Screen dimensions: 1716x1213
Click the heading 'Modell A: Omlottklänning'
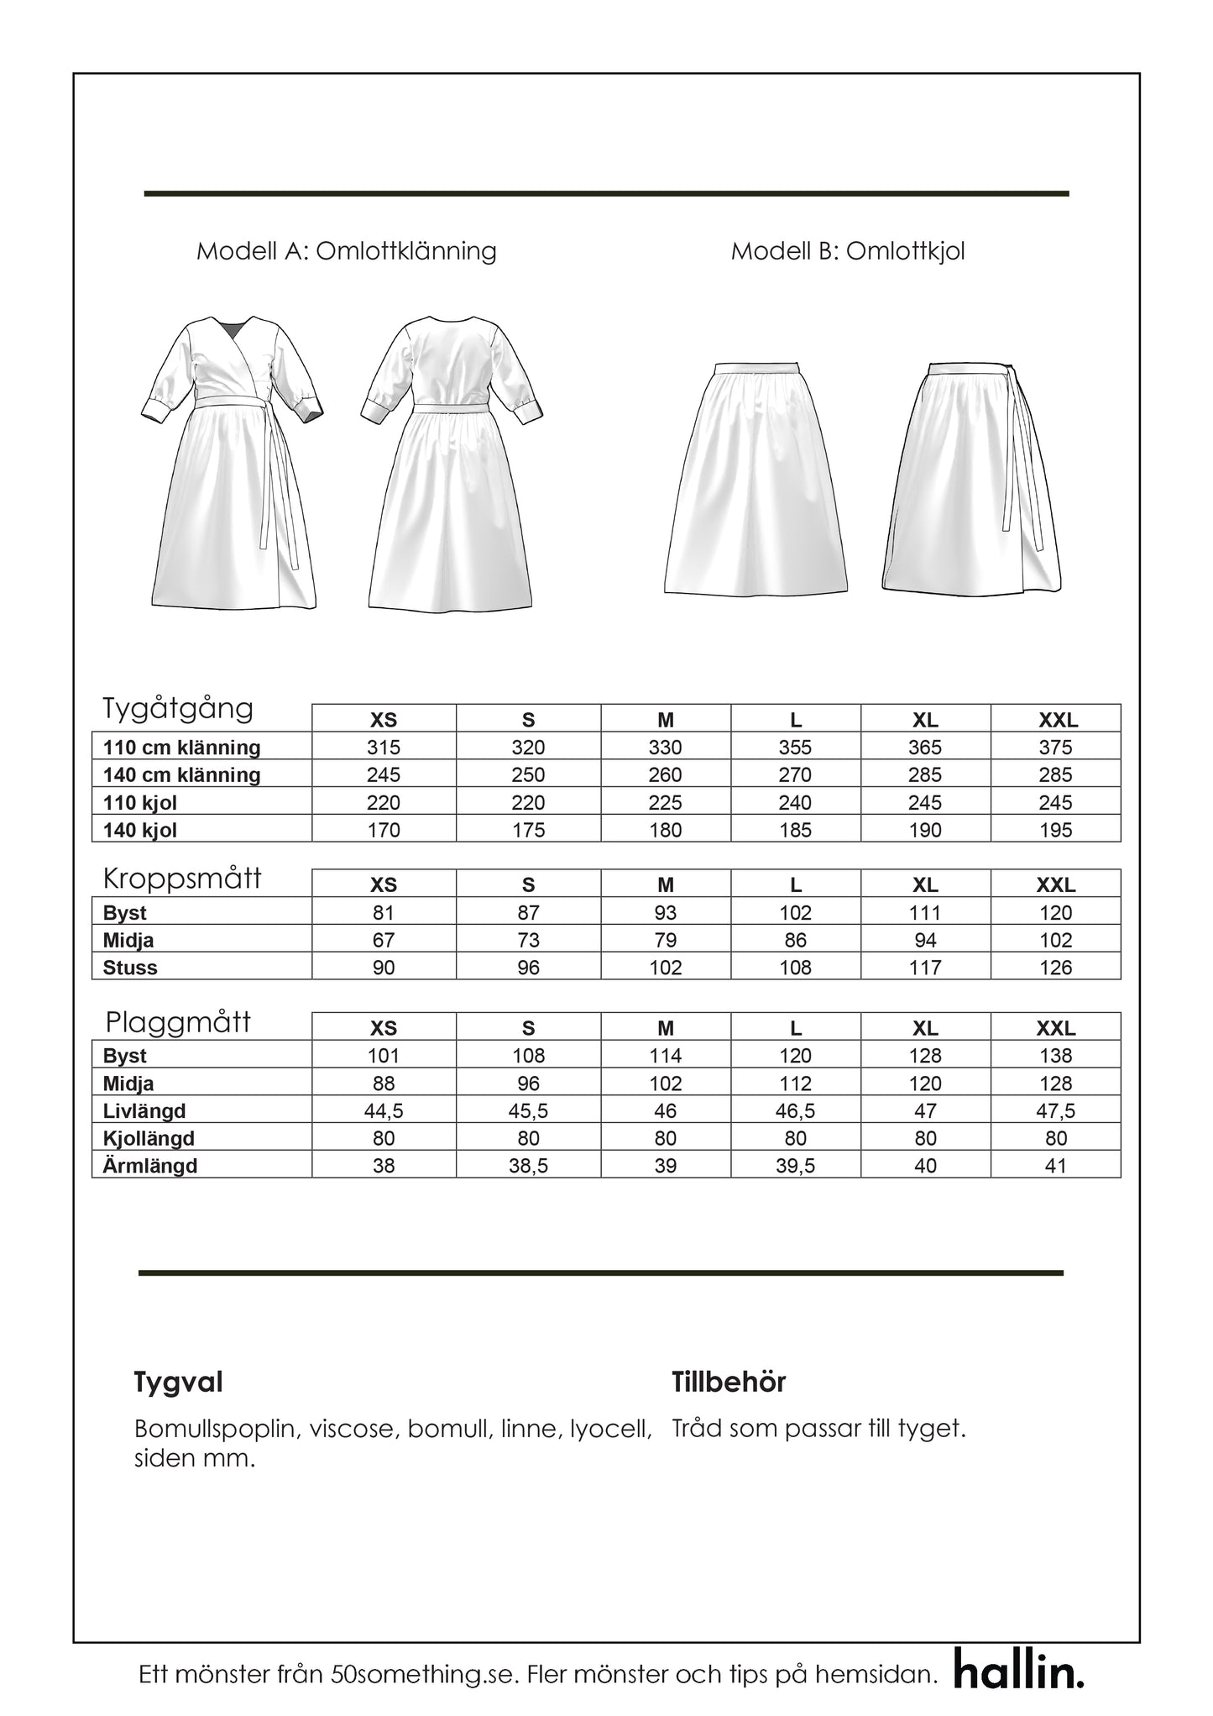pos(346,251)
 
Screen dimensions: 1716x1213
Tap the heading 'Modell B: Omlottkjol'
pos(848,251)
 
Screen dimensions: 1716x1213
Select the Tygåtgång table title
pos(178,709)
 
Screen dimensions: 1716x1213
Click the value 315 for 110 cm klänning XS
pos(384,748)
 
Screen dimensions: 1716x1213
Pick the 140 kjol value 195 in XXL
pos(1055,831)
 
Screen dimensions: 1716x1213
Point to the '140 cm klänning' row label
pos(181,775)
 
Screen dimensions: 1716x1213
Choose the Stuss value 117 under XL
pos(925,968)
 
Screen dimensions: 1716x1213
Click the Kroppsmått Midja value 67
pos(384,941)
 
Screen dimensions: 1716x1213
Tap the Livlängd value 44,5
pos(384,1111)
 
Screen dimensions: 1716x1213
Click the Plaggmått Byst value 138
pos(1055,1057)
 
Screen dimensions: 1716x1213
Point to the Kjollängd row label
pos(149,1139)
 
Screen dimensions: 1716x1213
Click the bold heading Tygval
pos(178,1383)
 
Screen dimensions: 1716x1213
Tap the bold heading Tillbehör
pos(729,1383)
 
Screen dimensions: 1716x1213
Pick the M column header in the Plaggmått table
pos(666,1029)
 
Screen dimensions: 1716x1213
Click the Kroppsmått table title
pos(182,879)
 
